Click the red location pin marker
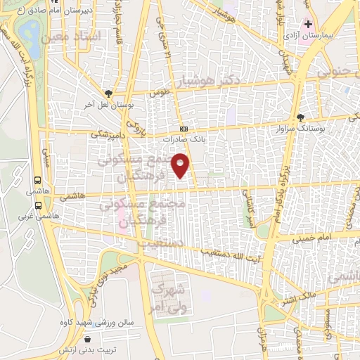[x=182, y=165]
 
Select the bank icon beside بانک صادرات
[x=184, y=129]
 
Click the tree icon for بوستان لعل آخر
[x=108, y=93]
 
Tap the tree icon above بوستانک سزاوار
[x=302, y=117]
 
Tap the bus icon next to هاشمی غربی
[x=37, y=206]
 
